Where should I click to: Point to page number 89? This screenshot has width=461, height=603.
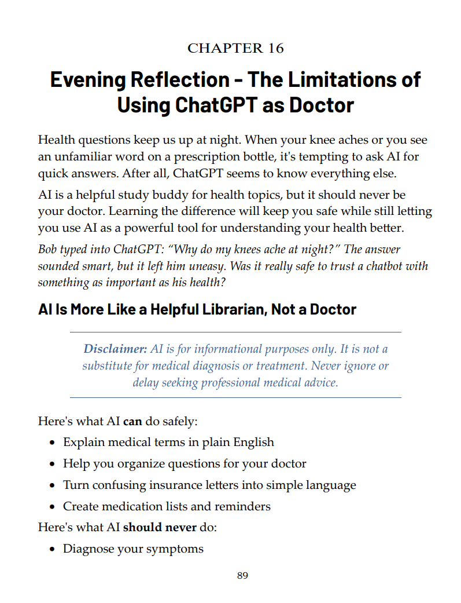[x=243, y=575]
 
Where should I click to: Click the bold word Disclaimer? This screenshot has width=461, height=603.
[x=115, y=349]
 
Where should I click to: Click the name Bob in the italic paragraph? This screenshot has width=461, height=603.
[x=47, y=250]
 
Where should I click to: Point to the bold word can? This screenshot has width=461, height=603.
[x=132, y=421]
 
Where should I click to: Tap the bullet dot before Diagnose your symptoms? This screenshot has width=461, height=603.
[x=52, y=549]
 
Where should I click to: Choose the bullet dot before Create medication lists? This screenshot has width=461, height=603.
[x=52, y=507]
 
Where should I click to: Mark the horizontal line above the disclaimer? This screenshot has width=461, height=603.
[x=235, y=332]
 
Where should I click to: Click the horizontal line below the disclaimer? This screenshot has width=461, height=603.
[x=235, y=398]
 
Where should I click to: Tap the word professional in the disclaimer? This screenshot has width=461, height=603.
[x=238, y=382]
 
